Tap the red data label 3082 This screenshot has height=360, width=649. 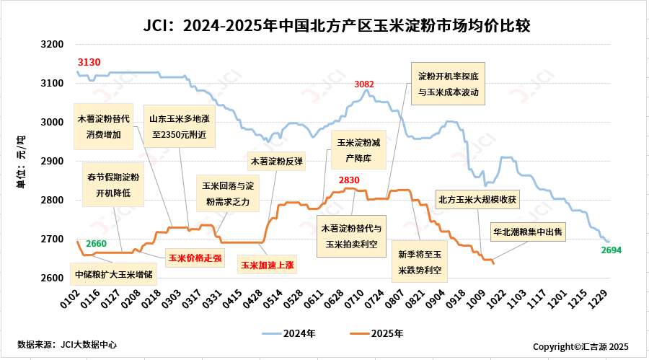(x=364, y=84)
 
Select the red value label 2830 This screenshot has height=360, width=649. (x=349, y=180)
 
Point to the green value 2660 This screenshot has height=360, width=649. (x=96, y=243)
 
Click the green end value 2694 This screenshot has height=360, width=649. (x=611, y=250)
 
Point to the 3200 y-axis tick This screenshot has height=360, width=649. (x=53, y=45)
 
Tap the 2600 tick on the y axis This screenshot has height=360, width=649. (x=53, y=278)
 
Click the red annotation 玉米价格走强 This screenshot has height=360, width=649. (x=195, y=257)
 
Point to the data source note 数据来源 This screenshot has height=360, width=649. (x=67, y=345)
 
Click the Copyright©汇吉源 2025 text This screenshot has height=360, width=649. (x=581, y=346)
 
